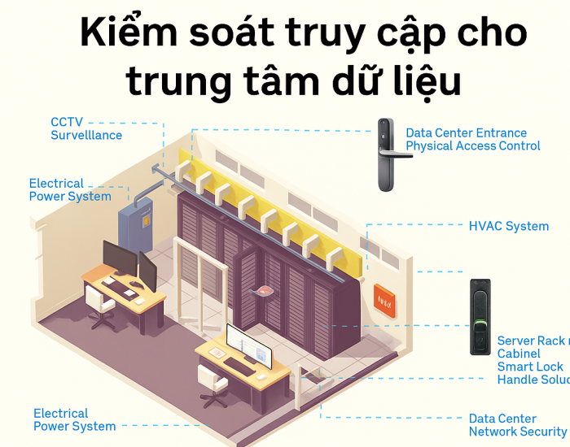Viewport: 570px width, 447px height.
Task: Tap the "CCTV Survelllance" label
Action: [86, 128]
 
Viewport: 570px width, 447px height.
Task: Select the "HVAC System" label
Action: [508, 226]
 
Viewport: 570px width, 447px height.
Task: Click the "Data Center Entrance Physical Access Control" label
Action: [472, 139]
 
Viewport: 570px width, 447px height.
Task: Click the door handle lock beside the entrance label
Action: [385, 154]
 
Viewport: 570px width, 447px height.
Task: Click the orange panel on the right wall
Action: [384, 301]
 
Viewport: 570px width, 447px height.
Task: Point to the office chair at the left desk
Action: [99, 307]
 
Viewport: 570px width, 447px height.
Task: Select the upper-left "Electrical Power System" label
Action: [69, 189]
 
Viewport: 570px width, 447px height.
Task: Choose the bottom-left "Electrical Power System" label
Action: [73, 419]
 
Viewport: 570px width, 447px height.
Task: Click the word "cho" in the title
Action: [490, 34]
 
